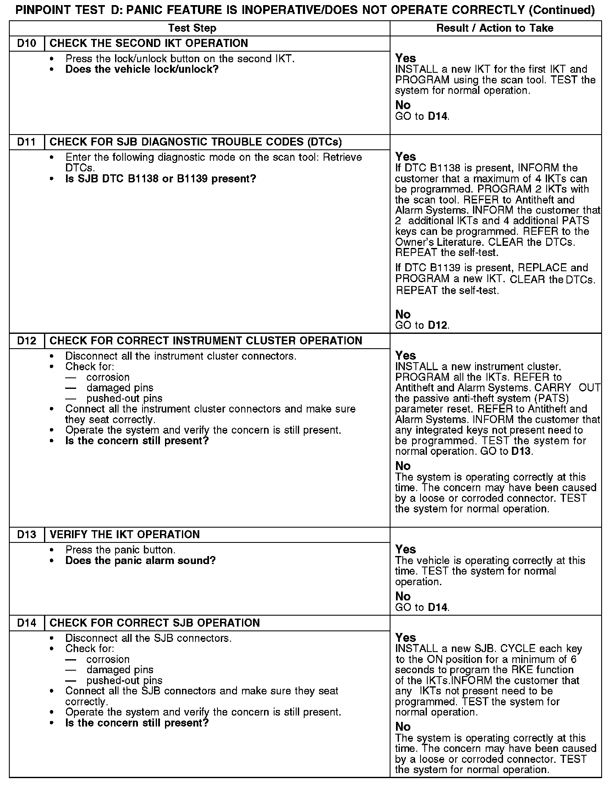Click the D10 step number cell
27,44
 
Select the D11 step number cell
27,142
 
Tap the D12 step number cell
27,341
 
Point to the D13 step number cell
27,535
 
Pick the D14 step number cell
27,623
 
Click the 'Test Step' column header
192,28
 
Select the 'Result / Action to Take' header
495,28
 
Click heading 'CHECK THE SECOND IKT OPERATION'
149,44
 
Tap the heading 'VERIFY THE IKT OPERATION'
125,535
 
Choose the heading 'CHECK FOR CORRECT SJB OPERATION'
155,623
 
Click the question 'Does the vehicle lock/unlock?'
142,69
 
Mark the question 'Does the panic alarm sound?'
140,561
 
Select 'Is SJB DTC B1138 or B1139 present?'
161,179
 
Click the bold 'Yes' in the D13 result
405,550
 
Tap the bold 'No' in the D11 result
403,314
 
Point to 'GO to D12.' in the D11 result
422,325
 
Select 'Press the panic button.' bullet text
120,550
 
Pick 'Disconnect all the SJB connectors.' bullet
148,638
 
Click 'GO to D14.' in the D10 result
422,116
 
